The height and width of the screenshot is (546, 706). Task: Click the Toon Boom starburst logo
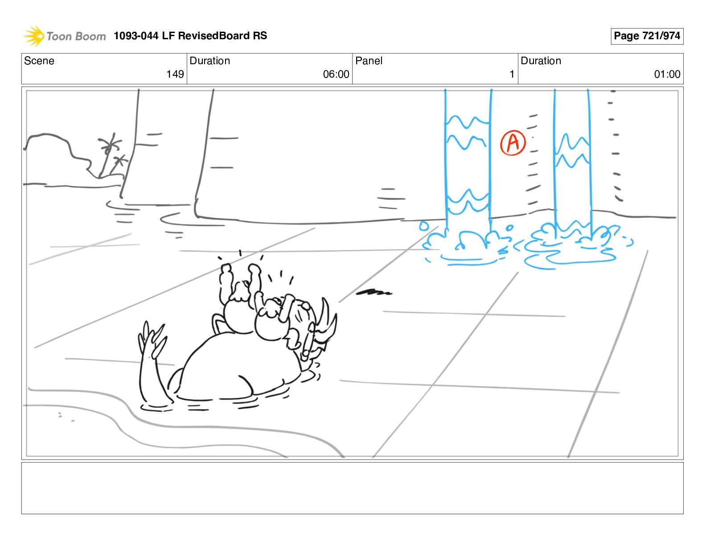pos(33,36)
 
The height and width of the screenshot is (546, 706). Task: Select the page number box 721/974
pos(647,36)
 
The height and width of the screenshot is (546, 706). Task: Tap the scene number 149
pos(175,74)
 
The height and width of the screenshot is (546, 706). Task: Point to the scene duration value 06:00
pos(336,74)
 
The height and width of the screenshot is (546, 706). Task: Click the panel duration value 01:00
pos(667,74)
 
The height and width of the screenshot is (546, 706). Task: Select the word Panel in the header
pos(369,61)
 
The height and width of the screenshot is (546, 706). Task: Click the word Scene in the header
pos(39,61)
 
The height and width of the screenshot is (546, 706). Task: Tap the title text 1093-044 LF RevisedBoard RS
pos(190,35)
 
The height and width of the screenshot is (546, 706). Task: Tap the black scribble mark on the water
pos(374,292)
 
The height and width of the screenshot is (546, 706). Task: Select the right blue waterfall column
pos(573,163)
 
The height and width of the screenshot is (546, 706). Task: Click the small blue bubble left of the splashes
pos(424,226)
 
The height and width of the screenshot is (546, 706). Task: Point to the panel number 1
pos(512,74)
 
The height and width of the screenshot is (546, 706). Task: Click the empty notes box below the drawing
pos(353,488)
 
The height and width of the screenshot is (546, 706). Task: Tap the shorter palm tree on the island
pos(118,164)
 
